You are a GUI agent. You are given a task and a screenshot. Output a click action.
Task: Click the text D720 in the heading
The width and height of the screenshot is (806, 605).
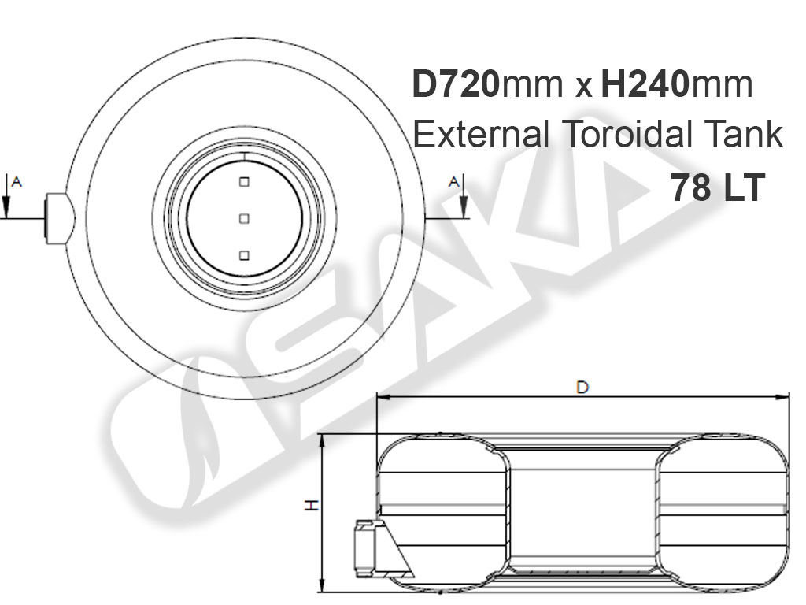pyautogui.click(x=456, y=84)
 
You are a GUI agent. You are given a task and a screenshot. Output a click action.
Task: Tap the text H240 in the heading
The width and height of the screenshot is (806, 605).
pyautogui.click(x=645, y=84)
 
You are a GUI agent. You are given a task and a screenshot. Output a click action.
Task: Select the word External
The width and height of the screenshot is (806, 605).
pyautogui.click(x=481, y=134)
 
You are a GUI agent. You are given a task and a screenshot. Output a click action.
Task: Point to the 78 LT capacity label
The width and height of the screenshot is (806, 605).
pyautogui.click(x=718, y=187)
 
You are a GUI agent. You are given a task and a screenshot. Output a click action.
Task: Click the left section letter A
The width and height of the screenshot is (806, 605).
pyautogui.click(x=17, y=182)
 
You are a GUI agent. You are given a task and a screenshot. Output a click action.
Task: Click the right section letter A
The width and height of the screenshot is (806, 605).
pyautogui.click(x=453, y=182)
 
